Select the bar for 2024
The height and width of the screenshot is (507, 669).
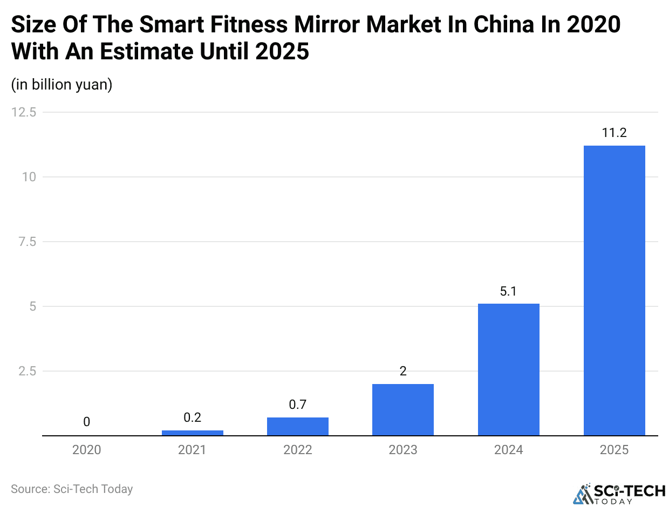508,369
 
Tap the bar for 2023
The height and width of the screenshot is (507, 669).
403,409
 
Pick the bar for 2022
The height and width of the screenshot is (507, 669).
297,426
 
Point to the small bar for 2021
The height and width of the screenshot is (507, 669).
192,433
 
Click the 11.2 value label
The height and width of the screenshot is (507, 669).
614,133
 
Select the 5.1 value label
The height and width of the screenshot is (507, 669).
508,292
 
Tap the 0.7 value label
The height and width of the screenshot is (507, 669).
297,405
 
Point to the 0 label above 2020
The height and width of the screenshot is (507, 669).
86,422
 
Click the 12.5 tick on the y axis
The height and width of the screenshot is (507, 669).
24,112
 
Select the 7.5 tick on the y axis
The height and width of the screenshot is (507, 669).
27,242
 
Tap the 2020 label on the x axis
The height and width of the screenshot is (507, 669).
86,450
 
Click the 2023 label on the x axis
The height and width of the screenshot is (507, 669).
403,450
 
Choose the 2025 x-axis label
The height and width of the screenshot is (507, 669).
614,450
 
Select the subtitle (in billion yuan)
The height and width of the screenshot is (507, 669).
62,85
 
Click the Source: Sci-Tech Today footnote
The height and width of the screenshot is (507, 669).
72,489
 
